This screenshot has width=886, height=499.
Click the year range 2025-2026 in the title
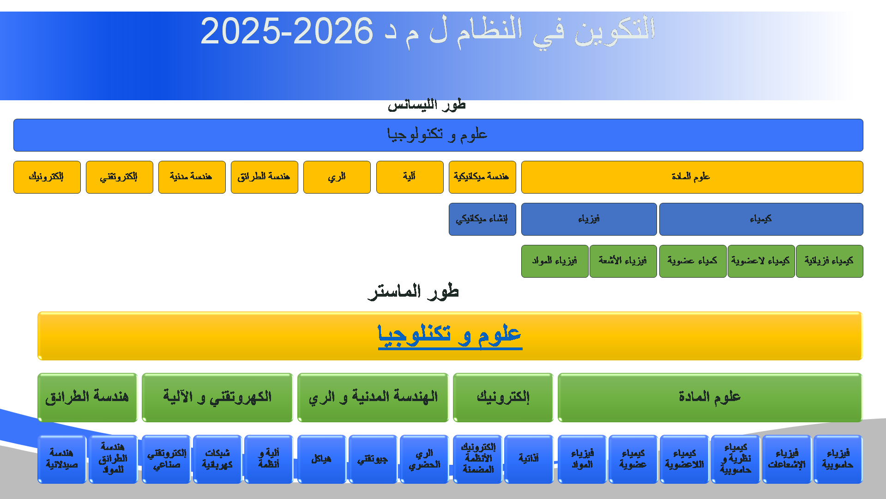[x=287, y=31]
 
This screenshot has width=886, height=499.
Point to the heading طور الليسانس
[x=427, y=104]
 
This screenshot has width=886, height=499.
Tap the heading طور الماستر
[x=413, y=292]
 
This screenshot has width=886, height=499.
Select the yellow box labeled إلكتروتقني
[x=120, y=177]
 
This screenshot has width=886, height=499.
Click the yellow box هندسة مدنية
[x=192, y=177]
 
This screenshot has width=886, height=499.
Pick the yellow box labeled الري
[x=337, y=177]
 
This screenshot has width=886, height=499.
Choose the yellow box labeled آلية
[x=410, y=177]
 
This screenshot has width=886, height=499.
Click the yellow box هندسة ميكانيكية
[x=482, y=177]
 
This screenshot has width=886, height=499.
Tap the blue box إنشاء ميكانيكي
[x=482, y=219]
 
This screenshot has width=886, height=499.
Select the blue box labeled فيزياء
[x=589, y=219]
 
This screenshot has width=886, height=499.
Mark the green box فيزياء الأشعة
[x=623, y=261]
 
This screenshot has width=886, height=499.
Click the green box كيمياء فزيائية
[x=830, y=261]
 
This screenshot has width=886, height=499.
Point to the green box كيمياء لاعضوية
[x=761, y=261]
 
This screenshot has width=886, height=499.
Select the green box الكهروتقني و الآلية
[x=217, y=397]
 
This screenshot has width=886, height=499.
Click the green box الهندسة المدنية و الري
[x=373, y=397]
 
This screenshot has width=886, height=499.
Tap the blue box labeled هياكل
[x=322, y=459]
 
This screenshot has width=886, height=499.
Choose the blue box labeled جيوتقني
[x=373, y=459]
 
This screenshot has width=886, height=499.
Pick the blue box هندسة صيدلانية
[x=62, y=459]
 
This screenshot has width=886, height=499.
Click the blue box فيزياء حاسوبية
[x=838, y=459]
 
